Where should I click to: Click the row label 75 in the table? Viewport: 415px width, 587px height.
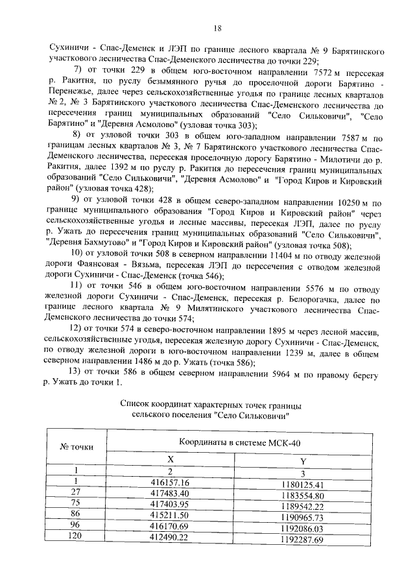pyautogui.click(x=76, y=504)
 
